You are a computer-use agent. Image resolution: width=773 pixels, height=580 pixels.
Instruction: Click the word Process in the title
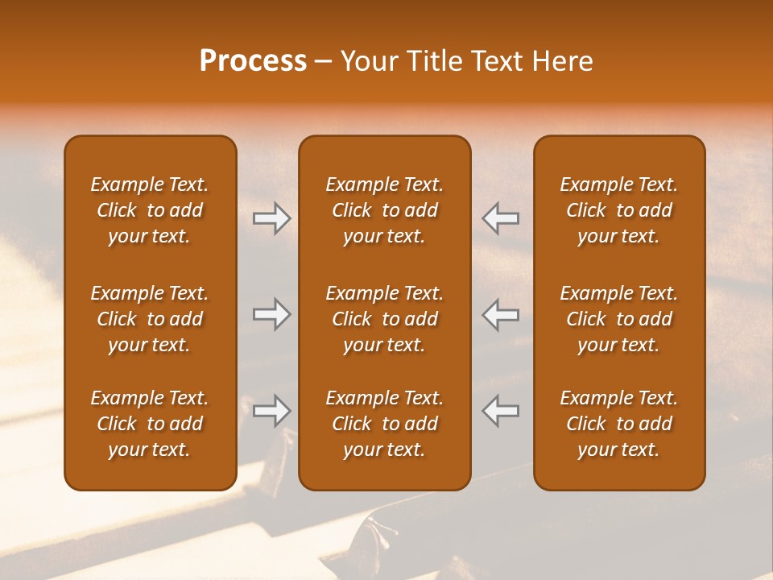253,61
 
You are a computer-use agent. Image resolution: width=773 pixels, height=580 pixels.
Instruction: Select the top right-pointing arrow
272,218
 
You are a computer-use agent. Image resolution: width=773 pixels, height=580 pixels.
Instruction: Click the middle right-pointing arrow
272,314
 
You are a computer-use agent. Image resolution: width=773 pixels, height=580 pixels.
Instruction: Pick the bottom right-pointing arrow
272,411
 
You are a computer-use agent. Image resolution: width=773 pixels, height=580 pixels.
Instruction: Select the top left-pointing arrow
501,218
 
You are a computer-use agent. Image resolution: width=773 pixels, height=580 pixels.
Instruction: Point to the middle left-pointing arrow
501,314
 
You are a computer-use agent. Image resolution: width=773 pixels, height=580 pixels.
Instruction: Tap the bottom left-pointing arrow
501,411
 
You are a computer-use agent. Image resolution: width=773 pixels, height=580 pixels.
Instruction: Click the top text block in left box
150,210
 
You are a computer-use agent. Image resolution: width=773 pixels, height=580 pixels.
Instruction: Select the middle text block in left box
150,319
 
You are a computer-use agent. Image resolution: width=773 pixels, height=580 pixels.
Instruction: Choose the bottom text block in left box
150,424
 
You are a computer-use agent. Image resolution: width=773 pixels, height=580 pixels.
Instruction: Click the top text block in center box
384,210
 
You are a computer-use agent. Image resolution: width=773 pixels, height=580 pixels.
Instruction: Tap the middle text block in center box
384,319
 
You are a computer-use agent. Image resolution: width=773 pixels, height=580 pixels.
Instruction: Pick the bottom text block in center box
384,424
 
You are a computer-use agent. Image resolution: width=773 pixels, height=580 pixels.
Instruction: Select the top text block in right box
618,210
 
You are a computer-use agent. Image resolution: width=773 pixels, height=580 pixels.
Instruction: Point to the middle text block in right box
618,319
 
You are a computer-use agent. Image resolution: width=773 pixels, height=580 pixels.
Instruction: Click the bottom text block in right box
618,424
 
